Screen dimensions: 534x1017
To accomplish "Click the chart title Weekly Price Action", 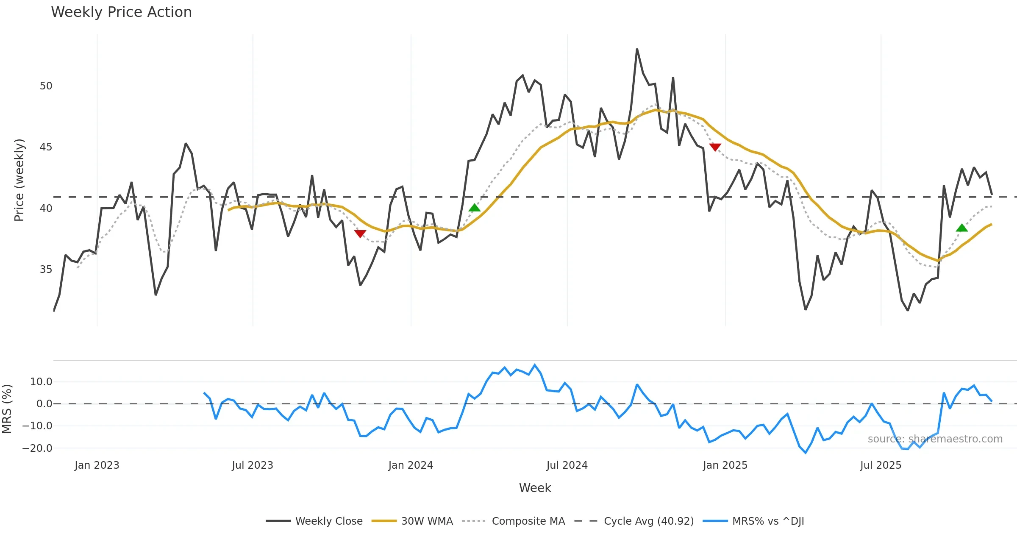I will click(121, 12).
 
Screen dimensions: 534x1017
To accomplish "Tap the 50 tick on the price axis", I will click(46, 86).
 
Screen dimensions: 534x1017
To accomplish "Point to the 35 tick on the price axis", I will click(46, 270).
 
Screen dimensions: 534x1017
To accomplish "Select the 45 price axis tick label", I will click(46, 147).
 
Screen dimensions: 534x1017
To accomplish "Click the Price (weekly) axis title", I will click(19, 180).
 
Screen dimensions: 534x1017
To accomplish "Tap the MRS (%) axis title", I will click(7, 409).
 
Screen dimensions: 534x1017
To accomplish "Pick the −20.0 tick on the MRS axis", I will click(37, 448).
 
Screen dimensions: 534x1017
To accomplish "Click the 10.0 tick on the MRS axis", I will click(41, 382).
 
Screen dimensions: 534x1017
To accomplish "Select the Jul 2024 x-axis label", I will click(567, 465).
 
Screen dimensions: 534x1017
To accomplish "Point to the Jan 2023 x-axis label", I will click(97, 465).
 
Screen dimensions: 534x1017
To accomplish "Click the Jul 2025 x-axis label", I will click(881, 465).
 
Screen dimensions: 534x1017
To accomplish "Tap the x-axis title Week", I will click(535, 488).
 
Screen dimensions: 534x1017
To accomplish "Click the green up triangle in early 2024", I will click(475, 208).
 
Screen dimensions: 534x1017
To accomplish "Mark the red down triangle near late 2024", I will click(715, 147).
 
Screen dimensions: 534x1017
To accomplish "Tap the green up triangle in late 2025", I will click(962, 228).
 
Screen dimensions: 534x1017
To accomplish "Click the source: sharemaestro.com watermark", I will click(935, 439).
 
